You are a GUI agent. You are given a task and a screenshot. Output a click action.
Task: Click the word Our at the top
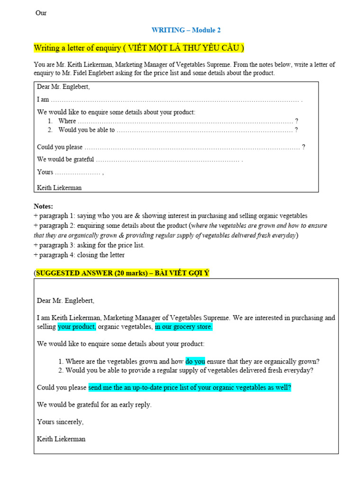point(41,13)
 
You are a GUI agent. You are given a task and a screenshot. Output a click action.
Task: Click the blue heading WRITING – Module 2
point(186,30)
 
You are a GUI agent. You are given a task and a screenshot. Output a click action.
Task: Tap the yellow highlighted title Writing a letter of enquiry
point(139,48)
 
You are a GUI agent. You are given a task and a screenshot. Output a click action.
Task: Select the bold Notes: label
point(44,206)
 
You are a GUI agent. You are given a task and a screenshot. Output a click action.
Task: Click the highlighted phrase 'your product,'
point(77,327)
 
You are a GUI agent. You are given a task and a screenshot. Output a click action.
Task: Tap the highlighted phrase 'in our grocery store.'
point(184,327)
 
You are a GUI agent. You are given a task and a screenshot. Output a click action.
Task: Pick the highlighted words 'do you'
point(195,361)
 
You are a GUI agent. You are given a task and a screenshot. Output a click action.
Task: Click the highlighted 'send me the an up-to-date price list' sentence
point(190,388)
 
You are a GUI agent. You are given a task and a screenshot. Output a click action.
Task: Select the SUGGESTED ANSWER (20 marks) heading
point(122,273)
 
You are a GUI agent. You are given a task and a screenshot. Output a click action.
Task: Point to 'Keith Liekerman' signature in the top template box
point(59,187)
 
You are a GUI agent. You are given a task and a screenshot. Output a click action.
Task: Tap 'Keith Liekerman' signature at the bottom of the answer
point(61,439)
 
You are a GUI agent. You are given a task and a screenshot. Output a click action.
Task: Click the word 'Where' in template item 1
point(67,121)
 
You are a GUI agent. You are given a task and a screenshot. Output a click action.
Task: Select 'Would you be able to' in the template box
point(86,130)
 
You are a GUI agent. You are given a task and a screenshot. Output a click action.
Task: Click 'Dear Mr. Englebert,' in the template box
point(63,87)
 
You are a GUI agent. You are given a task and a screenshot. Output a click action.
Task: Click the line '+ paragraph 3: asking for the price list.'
point(89,245)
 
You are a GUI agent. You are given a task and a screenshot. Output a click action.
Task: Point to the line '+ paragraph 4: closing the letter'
point(79,255)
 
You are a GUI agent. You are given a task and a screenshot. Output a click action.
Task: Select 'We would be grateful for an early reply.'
point(94,405)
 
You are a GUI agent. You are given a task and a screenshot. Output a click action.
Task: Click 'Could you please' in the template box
point(60,147)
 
